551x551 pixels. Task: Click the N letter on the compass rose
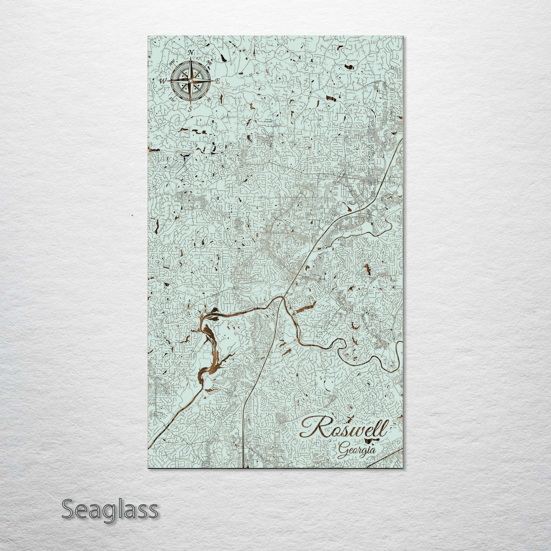(x=191, y=52)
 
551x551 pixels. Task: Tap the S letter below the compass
(x=190, y=109)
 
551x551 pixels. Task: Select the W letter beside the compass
(x=162, y=81)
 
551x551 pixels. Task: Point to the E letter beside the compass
(x=218, y=81)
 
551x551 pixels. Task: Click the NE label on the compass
(x=209, y=63)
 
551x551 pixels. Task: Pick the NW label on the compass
(x=172, y=62)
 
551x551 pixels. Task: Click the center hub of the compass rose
(x=190, y=80)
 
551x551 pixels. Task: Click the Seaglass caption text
(x=109, y=509)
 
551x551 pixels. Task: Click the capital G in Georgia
(x=342, y=450)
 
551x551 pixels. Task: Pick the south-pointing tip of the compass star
(x=190, y=103)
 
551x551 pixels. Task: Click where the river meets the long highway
(x=283, y=298)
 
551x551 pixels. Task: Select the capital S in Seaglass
(x=68, y=509)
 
